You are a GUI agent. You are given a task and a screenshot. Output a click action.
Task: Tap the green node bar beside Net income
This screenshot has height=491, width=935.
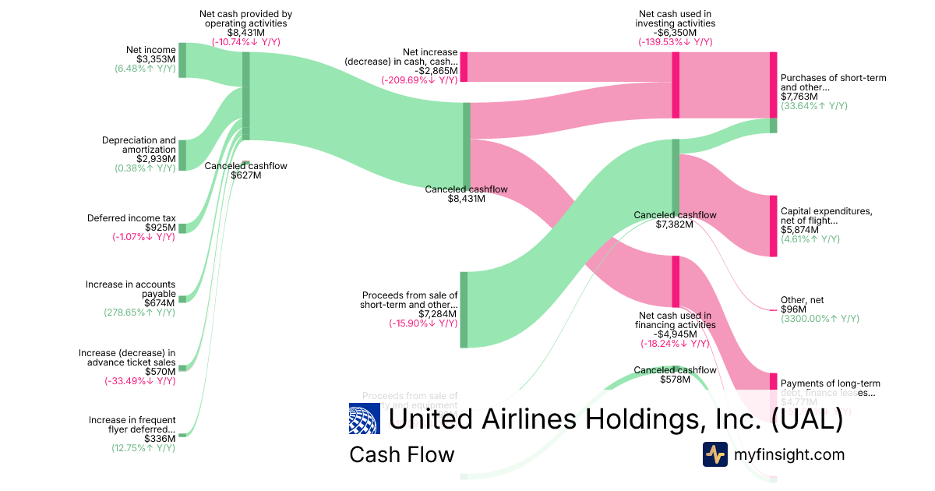[x=182, y=60]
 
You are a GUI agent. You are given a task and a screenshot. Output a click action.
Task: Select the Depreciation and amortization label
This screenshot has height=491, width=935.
[x=139, y=145]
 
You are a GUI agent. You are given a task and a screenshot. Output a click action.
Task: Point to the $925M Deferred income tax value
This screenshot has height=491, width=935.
[x=160, y=228]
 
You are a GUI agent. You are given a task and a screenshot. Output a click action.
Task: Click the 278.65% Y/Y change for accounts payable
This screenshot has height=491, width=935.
[x=139, y=313]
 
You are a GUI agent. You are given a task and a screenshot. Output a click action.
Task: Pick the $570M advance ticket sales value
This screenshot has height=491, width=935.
[x=160, y=372]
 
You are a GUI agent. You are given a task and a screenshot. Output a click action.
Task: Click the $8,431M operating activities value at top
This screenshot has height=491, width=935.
[x=245, y=33]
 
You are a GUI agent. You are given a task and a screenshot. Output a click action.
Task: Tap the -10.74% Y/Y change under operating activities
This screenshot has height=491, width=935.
[x=245, y=42]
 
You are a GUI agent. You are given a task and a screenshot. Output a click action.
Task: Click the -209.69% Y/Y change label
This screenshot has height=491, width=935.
[x=419, y=79]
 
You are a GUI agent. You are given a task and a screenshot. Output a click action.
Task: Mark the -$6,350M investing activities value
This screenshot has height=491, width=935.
[x=675, y=33]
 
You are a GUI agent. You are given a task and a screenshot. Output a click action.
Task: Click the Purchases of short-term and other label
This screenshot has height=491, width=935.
[x=833, y=83]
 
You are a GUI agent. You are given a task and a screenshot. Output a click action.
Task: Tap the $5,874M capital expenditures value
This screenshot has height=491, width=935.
[x=799, y=230]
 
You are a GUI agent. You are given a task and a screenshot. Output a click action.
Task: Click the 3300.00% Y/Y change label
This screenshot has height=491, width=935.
[x=820, y=319]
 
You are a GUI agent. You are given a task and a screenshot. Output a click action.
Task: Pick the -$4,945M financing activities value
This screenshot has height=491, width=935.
[x=675, y=334]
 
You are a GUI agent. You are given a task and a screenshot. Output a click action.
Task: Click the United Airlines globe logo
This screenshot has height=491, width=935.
[x=365, y=419]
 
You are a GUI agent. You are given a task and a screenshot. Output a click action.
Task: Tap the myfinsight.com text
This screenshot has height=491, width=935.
[x=789, y=454]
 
